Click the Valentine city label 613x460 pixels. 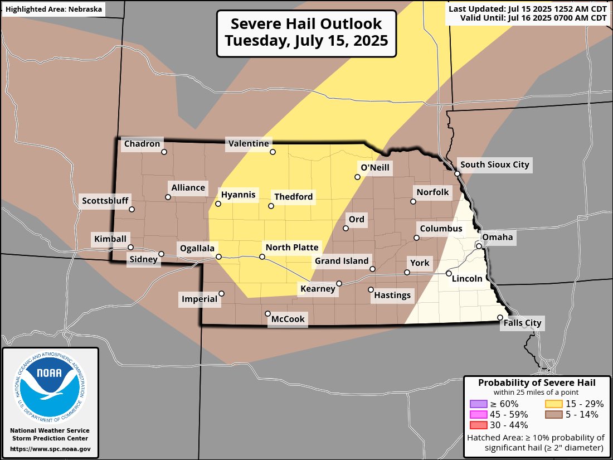[249, 144]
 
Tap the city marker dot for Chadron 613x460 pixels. [164, 152]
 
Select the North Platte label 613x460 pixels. [292, 248]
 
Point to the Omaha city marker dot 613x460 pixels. [479, 246]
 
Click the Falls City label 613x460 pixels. [522, 323]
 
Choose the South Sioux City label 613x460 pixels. [494, 165]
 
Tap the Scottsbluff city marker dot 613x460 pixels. [132, 210]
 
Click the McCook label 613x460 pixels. [288, 319]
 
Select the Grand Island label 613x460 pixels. [342, 261]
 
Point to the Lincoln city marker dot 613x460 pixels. [449, 273]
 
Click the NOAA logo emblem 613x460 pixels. [50, 384]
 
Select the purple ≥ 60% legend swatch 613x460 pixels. [478, 404]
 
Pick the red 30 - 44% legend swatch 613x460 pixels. [478, 425]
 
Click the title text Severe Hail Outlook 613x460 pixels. [306, 24]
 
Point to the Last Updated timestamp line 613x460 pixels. [527, 8]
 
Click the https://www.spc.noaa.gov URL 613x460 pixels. [50, 449]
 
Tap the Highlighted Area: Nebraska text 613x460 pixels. [52, 9]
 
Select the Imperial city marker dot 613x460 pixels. [221, 293]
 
